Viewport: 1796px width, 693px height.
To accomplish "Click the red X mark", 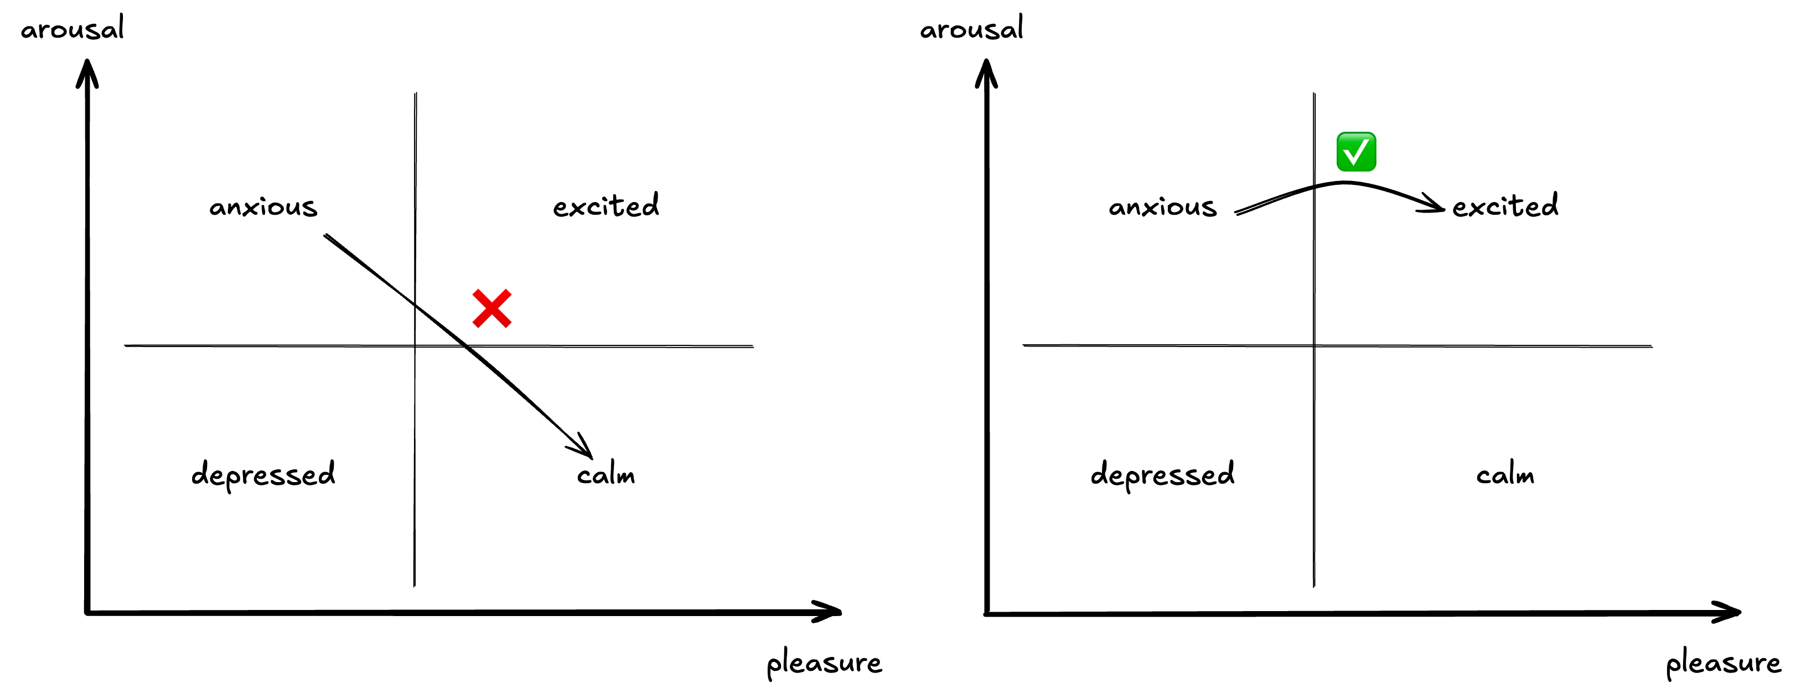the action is point(491,308).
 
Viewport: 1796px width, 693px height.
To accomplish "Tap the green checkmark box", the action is point(1355,151).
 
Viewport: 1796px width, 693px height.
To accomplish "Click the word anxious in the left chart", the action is point(263,206).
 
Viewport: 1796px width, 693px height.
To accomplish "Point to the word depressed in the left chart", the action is point(263,474).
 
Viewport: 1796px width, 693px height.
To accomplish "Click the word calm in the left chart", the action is point(605,475).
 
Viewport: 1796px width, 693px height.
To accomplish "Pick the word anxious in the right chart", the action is point(1162,206).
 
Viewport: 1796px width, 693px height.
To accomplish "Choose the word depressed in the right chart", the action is point(1162,474).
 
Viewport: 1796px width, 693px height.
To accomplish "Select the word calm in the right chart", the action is point(1504,475).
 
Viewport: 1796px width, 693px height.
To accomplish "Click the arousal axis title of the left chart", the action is point(72,29).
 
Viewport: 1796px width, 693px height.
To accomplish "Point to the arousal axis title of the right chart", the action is point(971,29).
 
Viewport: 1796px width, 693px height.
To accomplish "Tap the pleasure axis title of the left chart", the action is point(824,663).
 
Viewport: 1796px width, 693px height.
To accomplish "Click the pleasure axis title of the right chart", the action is point(1723,663).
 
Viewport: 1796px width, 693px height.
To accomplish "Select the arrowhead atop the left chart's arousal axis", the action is point(87,71).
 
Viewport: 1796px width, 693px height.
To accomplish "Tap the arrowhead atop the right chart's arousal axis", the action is point(986,71).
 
